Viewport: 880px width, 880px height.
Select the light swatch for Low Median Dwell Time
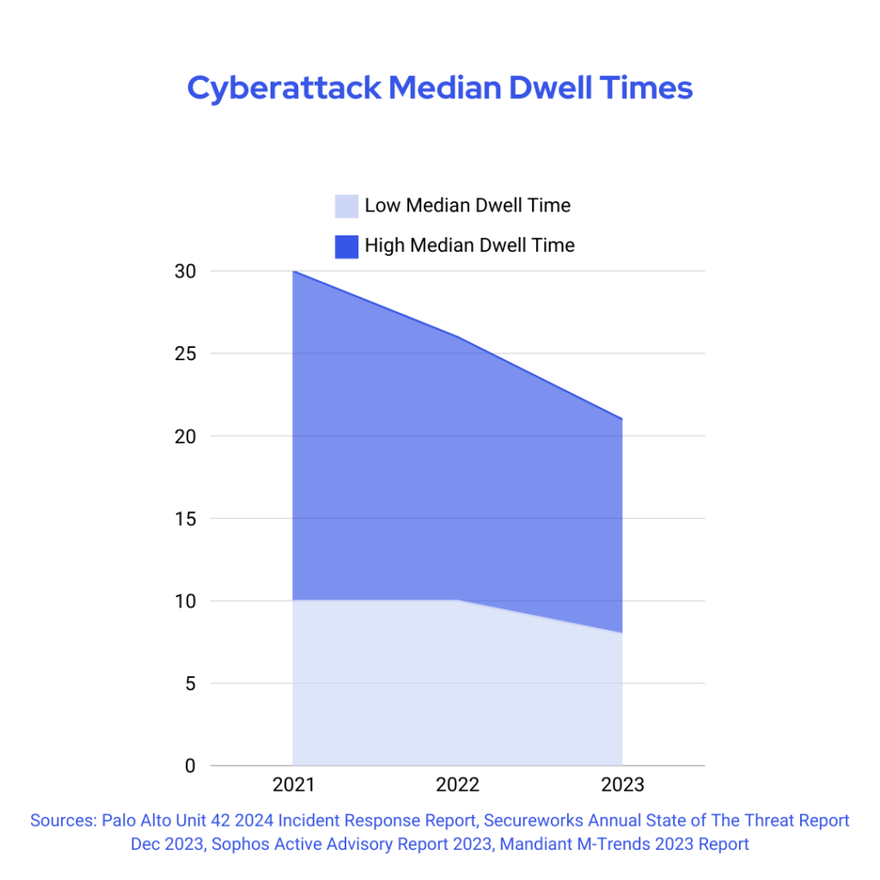tap(346, 206)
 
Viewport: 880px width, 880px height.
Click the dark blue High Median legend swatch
tap(346, 246)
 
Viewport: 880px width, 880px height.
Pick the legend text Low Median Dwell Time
tap(467, 205)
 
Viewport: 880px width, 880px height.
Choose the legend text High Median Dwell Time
tap(469, 245)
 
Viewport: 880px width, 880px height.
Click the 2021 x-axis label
tap(293, 785)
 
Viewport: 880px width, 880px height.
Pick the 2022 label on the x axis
tap(458, 785)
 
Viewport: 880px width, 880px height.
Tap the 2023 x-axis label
tap(622, 785)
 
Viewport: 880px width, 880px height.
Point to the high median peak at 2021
tap(294, 272)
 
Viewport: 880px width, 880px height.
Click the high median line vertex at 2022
tap(458, 337)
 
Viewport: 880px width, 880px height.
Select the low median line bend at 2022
tap(458, 600)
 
